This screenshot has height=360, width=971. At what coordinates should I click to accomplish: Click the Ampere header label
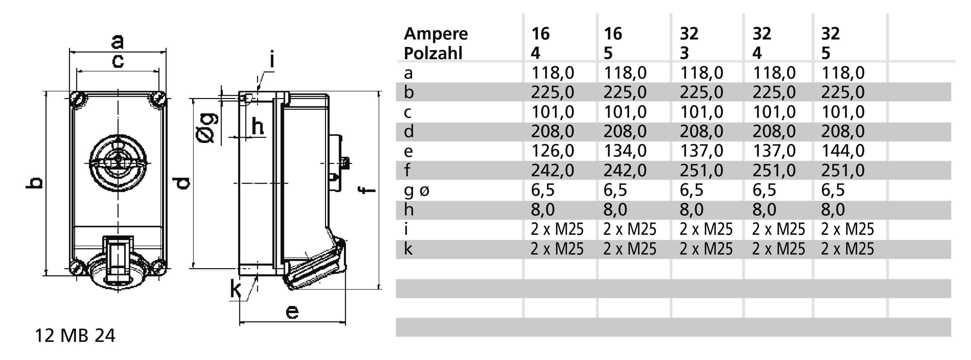[435, 34]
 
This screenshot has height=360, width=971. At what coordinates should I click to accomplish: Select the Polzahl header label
[433, 53]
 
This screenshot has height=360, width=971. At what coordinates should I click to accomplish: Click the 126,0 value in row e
[552, 151]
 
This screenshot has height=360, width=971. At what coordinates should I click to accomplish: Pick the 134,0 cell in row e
[625, 151]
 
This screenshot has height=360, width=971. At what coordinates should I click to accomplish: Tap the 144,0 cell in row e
[843, 151]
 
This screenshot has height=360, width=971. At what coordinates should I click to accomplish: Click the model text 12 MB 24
[75, 335]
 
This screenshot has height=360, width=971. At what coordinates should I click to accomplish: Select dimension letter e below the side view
[292, 312]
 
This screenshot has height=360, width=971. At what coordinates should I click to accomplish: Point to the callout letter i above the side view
[271, 60]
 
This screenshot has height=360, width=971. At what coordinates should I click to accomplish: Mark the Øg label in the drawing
[207, 128]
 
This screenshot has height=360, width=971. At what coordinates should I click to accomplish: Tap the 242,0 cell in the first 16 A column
[552, 170]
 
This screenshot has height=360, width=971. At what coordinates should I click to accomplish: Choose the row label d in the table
[409, 132]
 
